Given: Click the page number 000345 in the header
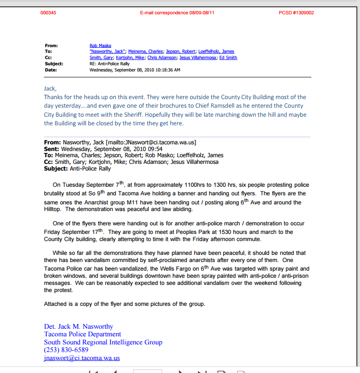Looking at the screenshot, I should click(48, 13).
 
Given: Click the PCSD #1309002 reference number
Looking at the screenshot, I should click(296, 13).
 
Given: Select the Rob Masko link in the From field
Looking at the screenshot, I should click(100, 46).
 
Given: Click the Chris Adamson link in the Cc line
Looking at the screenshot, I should click(162, 58).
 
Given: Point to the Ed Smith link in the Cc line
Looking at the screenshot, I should click(228, 58).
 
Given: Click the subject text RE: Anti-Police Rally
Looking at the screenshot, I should click(109, 64).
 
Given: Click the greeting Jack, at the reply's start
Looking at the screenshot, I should click(50, 88).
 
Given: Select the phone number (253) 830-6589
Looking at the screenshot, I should click(66, 350).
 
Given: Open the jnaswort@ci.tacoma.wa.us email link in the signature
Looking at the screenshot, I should click(82, 358).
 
